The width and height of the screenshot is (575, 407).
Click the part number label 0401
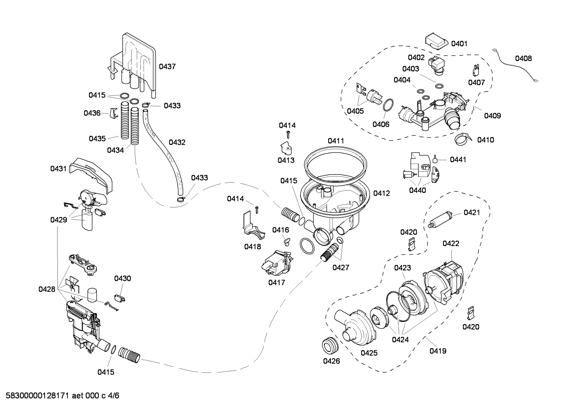(x=459, y=44)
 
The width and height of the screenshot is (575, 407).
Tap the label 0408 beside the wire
(x=523, y=58)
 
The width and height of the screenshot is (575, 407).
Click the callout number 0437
(x=167, y=67)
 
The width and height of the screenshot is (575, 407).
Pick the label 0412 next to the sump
(x=382, y=193)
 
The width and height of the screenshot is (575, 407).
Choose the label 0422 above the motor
(x=451, y=243)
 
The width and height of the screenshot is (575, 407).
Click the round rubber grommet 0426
(x=330, y=345)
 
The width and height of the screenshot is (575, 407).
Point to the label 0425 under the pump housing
(x=369, y=353)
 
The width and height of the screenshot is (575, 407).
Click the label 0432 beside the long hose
(x=177, y=142)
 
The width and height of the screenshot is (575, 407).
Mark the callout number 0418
(x=252, y=247)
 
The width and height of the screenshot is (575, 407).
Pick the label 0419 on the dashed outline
(x=437, y=351)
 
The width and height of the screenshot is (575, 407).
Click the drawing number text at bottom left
(x=60, y=396)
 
